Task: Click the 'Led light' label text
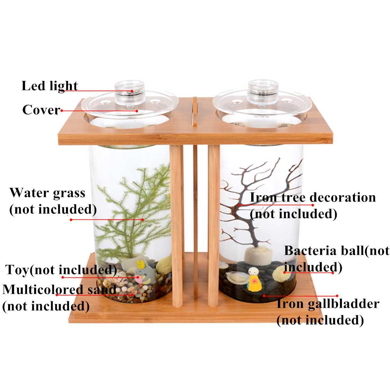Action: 50,86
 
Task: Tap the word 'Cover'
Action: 41,110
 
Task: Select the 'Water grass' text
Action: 47,193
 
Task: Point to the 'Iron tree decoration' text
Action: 313,197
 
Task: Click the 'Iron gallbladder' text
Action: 328,304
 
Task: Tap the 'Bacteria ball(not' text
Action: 337,251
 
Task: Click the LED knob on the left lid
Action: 130,92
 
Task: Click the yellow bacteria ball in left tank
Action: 164,263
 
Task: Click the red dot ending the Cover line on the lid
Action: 137,111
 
